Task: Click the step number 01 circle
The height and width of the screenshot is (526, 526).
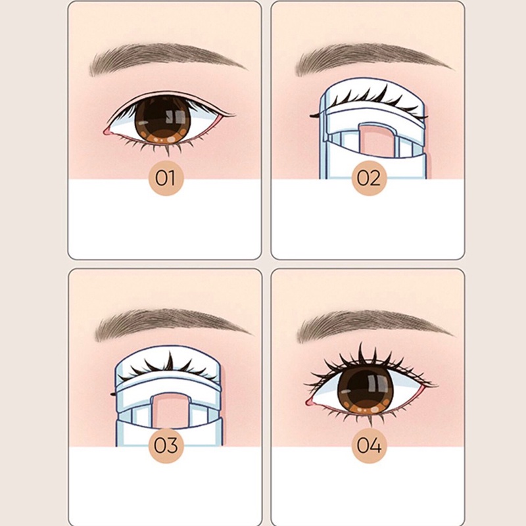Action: pos(166,178)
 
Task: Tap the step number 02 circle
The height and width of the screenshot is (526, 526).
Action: pos(369,178)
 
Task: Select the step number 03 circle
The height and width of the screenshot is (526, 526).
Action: pos(166,445)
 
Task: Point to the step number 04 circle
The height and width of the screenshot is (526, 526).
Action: pos(369,445)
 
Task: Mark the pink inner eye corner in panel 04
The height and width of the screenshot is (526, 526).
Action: pos(310,401)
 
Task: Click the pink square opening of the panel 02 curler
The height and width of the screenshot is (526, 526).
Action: pos(377,141)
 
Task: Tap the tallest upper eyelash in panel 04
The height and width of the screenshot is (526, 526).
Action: pos(361,353)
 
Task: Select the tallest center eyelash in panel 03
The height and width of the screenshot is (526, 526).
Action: pos(170,361)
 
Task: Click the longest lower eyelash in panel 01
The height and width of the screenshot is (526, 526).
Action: pos(167,151)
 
